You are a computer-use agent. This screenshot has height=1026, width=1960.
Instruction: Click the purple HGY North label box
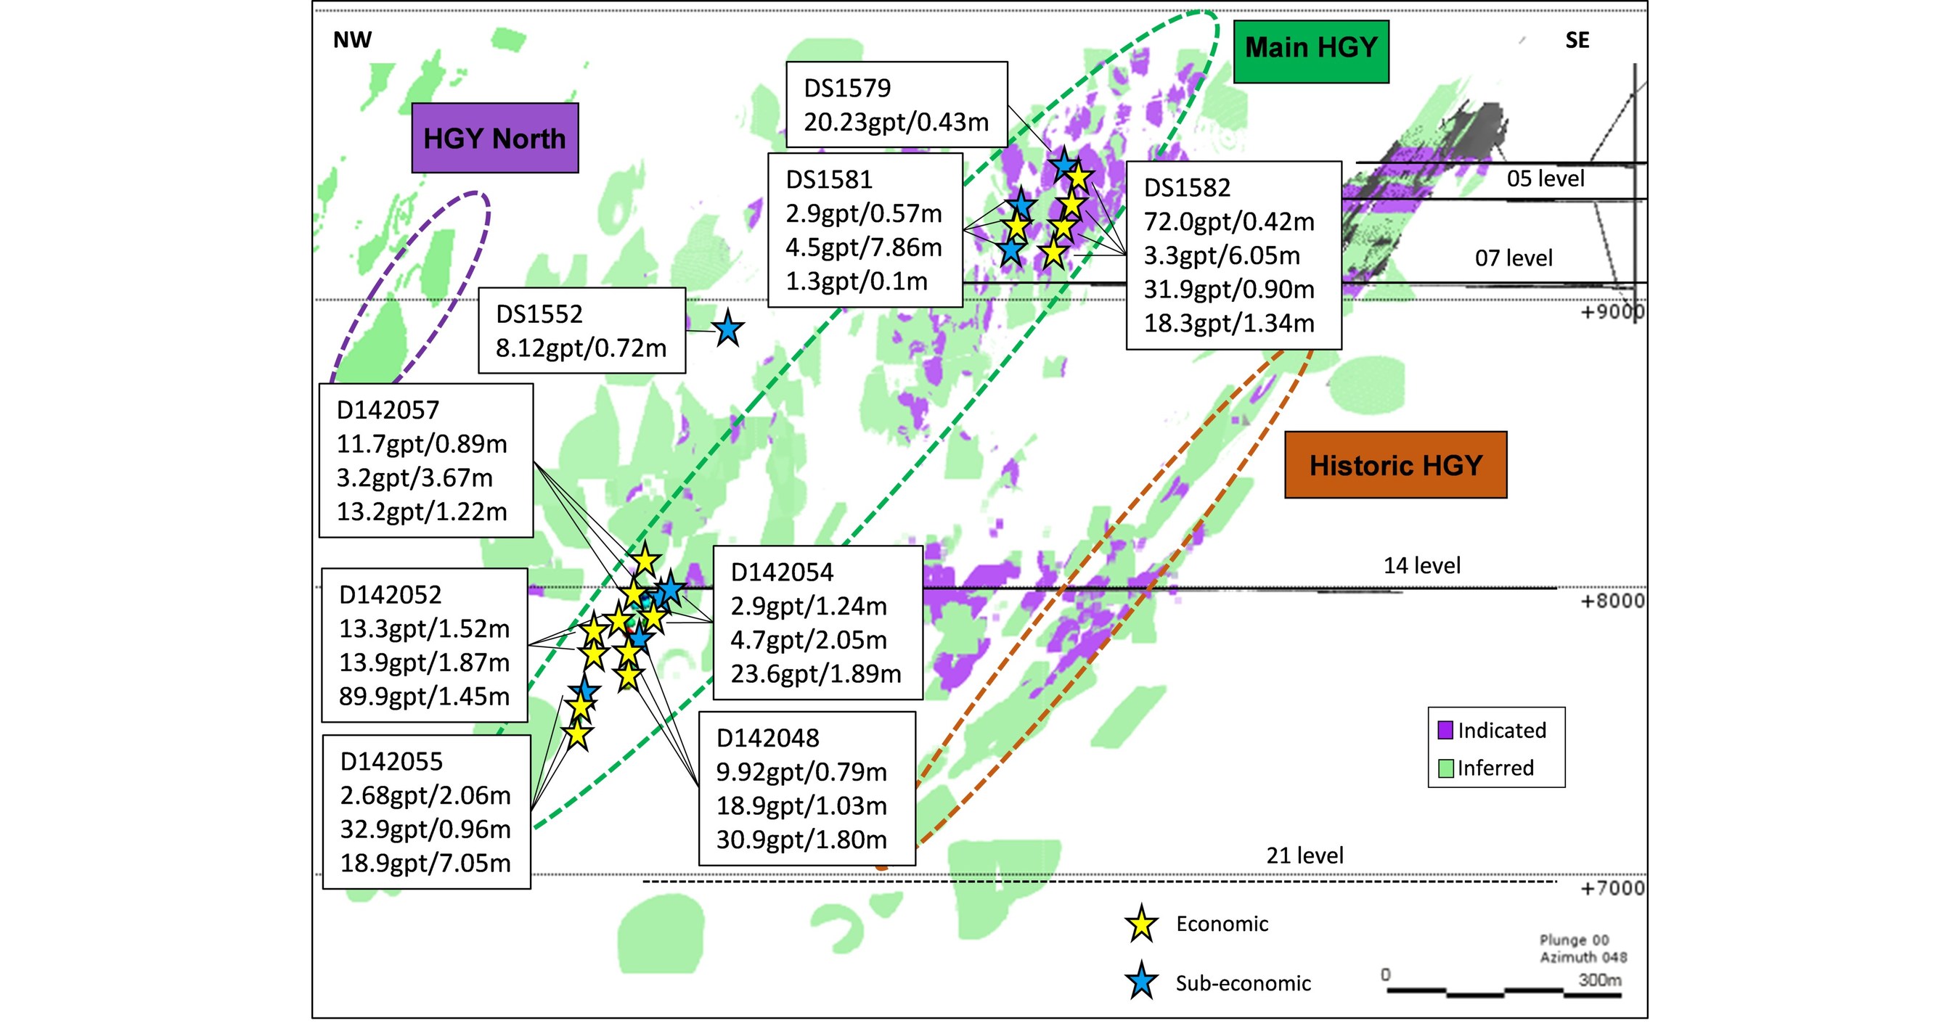pos(494,139)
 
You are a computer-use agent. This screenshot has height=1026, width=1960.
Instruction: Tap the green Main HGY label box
pos(1310,49)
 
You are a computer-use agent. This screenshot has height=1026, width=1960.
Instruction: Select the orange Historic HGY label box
pos(1395,464)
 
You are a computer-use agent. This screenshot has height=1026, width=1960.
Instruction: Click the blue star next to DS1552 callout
pos(728,329)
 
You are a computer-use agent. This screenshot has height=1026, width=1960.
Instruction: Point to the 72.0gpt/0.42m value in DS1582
pos(1229,221)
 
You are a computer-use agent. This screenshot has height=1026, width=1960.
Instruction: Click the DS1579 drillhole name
pos(847,89)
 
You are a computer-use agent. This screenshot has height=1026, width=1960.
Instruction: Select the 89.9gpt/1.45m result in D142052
pos(424,696)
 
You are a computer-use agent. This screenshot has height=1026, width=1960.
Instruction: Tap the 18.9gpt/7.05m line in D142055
pos(425,863)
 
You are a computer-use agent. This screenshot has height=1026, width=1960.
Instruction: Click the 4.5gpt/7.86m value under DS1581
pos(864,247)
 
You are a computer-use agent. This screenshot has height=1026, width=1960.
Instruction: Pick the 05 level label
pos(1545,178)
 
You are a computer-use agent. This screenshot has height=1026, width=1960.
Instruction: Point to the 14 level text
pos(1421,565)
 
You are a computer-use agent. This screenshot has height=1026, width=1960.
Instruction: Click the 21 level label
pos(1304,855)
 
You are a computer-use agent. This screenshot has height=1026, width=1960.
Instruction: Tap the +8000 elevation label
pos(1612,601)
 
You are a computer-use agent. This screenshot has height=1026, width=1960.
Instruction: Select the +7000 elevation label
pos(1612,888)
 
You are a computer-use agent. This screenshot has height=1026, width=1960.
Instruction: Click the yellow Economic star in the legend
pos(1141,925)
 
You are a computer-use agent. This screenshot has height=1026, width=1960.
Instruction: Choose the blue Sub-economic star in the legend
pos(1141,982)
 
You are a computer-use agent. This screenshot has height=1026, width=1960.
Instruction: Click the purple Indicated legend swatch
pos(1445,730)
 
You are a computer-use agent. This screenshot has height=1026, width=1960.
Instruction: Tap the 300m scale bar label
pos(1599,980)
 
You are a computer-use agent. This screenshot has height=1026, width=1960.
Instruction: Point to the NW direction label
pos(352,41)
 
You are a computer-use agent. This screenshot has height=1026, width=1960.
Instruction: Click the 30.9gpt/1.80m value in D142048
pos(801,840)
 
